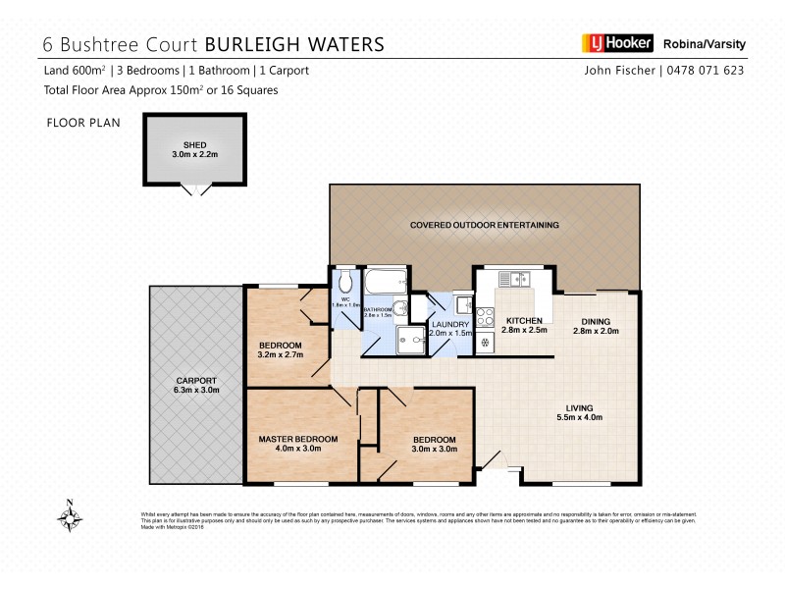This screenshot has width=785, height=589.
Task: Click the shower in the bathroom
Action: tap(413, 339)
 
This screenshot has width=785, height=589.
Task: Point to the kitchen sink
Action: tap(513, 278)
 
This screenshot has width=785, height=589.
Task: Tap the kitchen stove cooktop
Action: tap(486, 318)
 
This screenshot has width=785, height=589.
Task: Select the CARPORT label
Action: tap(196, 380)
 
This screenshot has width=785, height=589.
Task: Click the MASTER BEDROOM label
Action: tap(298, 439)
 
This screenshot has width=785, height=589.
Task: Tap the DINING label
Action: tap(596, 321)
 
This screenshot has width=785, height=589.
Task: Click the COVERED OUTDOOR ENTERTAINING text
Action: tap(485, 225)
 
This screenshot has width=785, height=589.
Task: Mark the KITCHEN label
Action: tap(524, 321)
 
